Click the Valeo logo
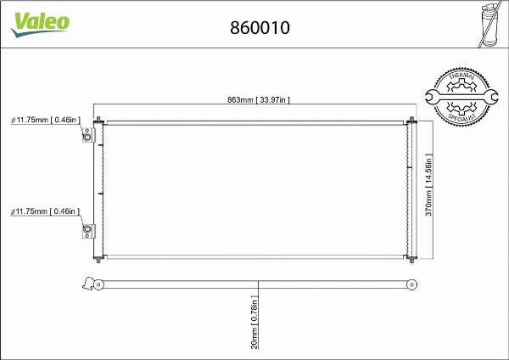[x=40, y=24]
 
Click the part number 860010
[x=260, y=27]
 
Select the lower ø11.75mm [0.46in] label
[x=45, y=211]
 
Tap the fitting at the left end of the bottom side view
[x=87, y=283]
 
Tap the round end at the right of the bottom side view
[x=411, y=283]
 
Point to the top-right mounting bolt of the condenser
[x=412, y=120]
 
